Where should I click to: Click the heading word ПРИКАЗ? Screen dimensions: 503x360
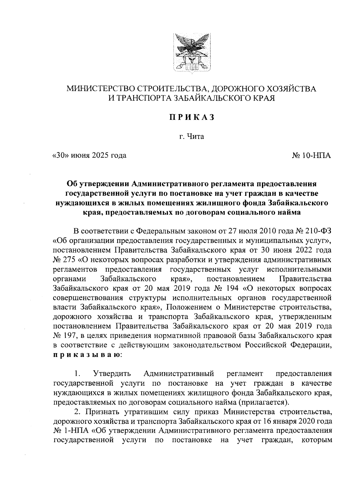click(x=191, y=117)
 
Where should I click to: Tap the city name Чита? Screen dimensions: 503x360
click(x=196, y=137)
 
